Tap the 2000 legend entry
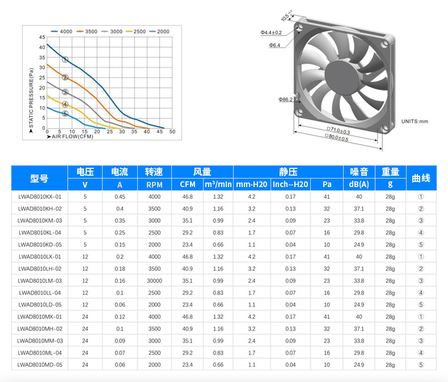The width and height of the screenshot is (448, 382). (159, 31)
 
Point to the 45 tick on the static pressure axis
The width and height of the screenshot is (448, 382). (42, 37)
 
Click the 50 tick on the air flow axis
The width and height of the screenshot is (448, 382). (172, 131)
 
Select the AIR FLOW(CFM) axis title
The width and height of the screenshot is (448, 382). (70, 137)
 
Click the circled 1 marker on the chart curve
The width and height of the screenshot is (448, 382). (65, 60)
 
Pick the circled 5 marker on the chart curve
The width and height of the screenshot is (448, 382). (65, 113)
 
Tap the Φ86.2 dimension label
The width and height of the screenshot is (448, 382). (285, 99)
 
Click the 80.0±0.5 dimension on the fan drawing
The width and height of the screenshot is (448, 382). (337, 137)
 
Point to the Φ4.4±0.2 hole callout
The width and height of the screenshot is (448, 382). (271, 32)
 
